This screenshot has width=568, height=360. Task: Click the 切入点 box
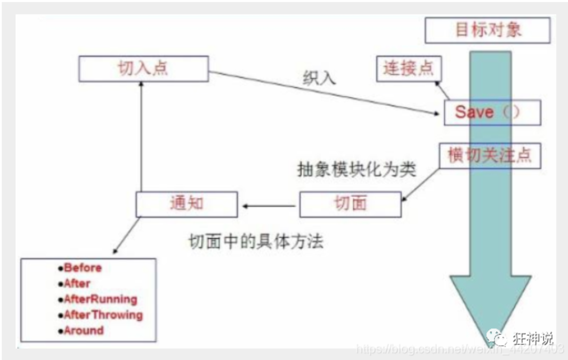pos(144,69)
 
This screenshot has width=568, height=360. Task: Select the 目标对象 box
pos(487,30)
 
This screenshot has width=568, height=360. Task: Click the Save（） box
pos(491,112)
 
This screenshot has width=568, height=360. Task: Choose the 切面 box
pos(350,204)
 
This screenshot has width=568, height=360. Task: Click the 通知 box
pos(187,204)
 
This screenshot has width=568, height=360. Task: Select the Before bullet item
pos(82,268)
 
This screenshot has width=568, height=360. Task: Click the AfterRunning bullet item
pos(100,299)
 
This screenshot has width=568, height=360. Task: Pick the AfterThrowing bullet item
pos(103,315)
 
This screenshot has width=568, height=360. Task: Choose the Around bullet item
pos(83,330)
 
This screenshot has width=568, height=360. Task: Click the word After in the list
pos(77,283)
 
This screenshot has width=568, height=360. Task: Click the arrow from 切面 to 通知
pos(269,206)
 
